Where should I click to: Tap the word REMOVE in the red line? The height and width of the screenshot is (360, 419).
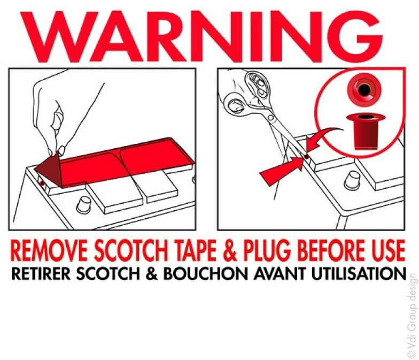coord(48,250)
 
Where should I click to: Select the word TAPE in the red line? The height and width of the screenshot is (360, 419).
coord(197,250)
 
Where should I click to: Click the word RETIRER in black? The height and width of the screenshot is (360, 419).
coord(41,273)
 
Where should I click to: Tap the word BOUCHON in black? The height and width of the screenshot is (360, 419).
coord(205,273)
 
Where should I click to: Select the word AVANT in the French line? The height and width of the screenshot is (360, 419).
coord(279,273)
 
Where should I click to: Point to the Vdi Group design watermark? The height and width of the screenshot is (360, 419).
coord(412,315)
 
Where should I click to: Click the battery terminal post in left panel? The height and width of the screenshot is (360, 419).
coord(83,204)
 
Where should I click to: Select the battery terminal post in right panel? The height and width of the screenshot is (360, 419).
coord(352,181)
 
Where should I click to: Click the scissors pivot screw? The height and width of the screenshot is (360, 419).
coord(270,117)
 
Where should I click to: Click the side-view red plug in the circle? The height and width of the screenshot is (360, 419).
coord(366,132)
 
